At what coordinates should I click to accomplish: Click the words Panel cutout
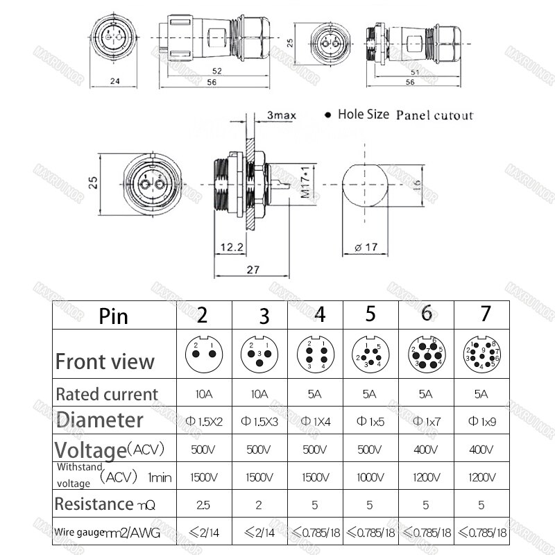[434, 115]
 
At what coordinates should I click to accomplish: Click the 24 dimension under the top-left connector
[115, 81]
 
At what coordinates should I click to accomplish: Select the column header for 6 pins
[426, 314]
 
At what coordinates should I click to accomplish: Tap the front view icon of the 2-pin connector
[203, 354]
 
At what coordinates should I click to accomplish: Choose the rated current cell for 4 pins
[314, 393]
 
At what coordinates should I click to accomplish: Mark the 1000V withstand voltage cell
[370, 478]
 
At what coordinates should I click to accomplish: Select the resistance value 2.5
[203, 505]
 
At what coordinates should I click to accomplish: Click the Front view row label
[105, 361]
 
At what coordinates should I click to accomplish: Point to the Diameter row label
[100, 420]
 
